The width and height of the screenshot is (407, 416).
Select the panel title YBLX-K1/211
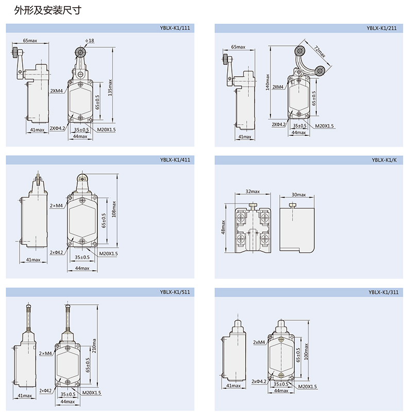click(385, 29)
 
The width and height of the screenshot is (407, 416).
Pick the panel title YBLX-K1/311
click(385, 292)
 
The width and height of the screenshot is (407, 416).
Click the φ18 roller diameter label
click(90, 40)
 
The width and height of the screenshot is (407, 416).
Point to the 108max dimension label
click(114, 209)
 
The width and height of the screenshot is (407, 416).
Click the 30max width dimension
click(298, 195)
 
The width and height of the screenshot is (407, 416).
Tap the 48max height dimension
click(224, 227)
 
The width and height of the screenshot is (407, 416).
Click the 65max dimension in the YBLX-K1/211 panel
click(239, 47)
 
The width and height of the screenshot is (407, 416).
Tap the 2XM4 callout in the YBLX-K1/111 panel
click(56, 91)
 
